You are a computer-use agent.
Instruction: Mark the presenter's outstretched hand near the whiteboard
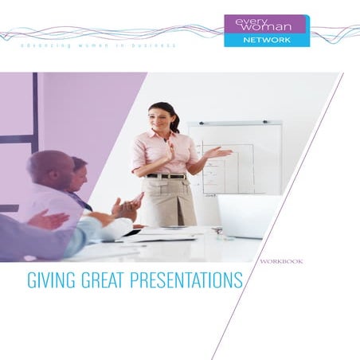coord(222,152)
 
